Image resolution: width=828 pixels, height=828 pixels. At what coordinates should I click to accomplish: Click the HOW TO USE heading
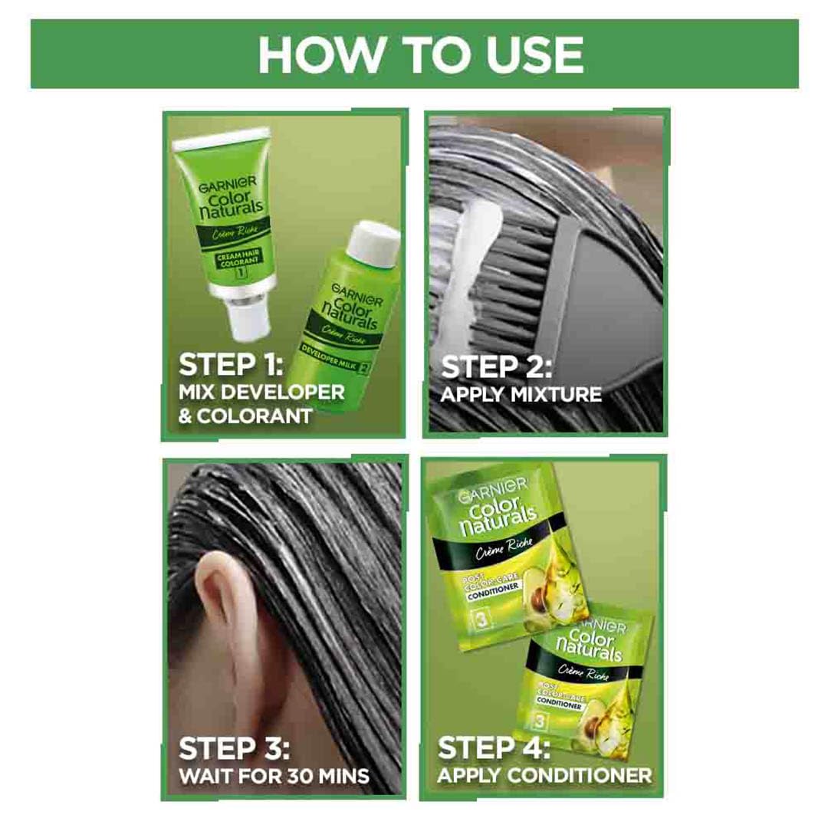[x=420, y=54]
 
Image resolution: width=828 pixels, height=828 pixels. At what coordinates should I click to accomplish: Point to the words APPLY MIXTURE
[x=521, y=396]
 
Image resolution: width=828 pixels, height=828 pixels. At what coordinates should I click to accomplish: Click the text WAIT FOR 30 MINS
[x=273, y=775]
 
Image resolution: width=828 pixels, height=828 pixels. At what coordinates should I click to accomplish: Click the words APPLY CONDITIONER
[x=544, y=775]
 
